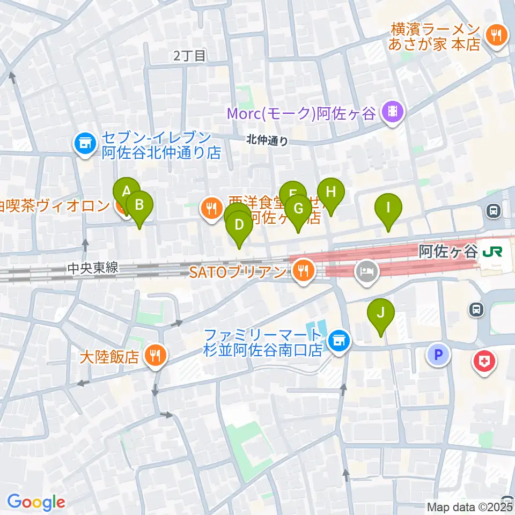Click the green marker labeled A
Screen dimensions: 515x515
click(x=127, y=192)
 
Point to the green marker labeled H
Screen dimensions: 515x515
click(x=330, y=192)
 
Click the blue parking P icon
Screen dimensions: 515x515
click(x=438, y=355)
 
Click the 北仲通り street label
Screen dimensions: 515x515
click(x=267, y=141)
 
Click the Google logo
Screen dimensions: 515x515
click(x=35, y=502)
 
